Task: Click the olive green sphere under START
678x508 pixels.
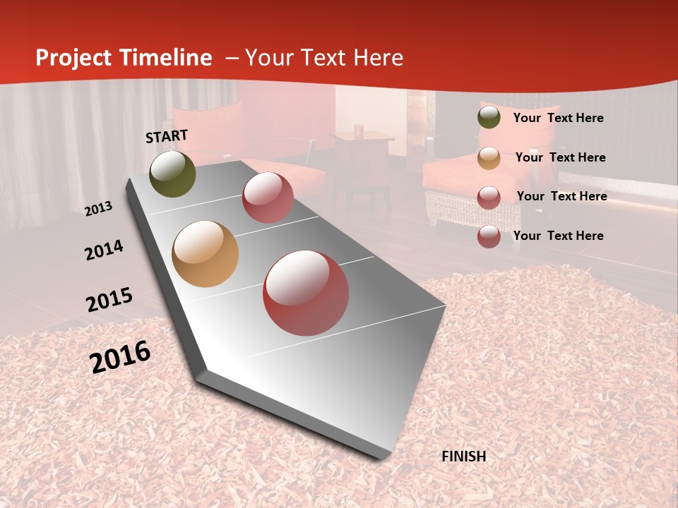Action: (172, 174)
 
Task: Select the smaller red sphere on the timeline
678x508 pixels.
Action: (268, 198)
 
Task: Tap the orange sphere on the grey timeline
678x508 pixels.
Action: (206, 254)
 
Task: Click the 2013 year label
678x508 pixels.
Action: (99, 209)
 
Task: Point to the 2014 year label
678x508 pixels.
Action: (104, 250)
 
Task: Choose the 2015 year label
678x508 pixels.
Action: (109, 300)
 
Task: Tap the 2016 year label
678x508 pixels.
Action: (120, 356)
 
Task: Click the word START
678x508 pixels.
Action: (167, 136)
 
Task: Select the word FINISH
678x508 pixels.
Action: (464, 456)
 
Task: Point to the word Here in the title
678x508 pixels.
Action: (378, 58)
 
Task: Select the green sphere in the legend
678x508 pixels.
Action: (489, 118)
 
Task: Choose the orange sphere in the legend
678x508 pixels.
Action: (489, 157)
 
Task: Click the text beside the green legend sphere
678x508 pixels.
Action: (558, 118)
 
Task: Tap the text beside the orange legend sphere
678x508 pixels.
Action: (560, 157)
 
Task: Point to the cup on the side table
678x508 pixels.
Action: (359, 129)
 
